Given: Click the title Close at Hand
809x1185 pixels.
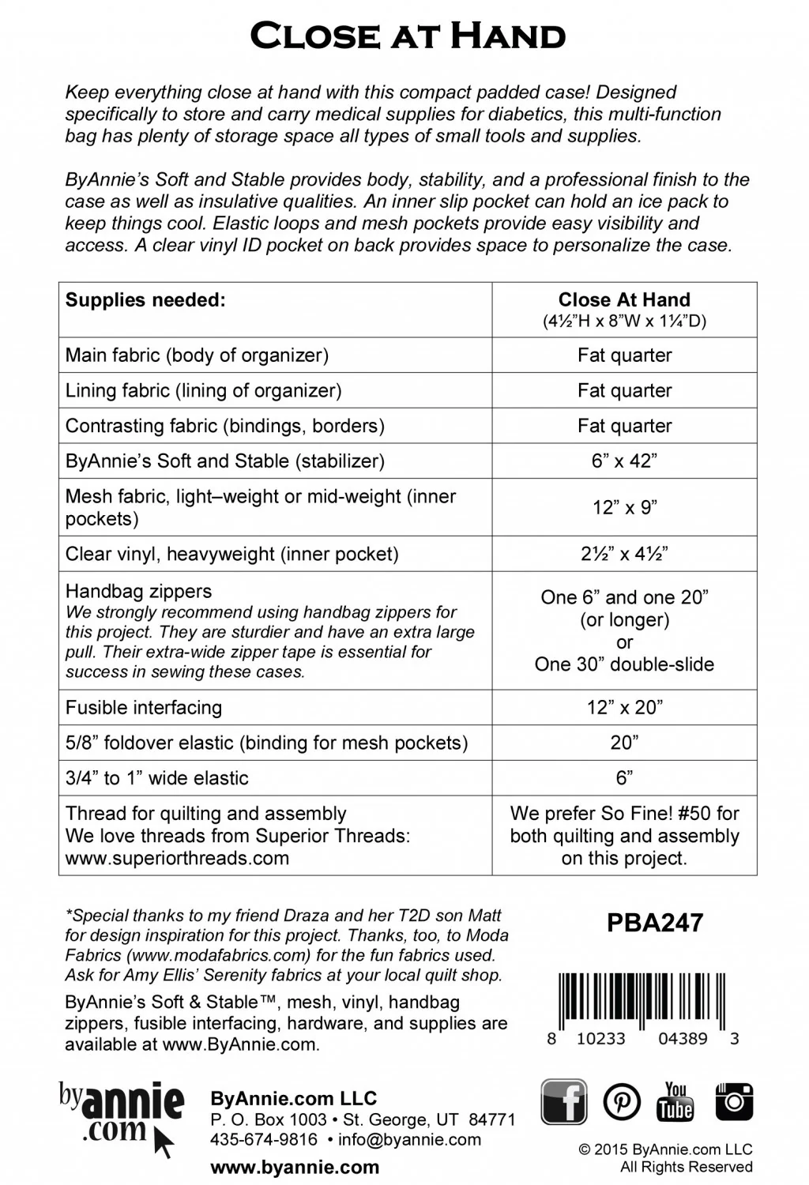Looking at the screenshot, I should [x=408, y=36].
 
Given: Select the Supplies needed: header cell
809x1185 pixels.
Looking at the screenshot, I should [x=145, y=300].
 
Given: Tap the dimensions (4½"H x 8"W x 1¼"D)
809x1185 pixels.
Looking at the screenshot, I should [x=624, y=322].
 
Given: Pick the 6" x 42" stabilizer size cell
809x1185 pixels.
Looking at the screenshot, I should [x=624, y=461].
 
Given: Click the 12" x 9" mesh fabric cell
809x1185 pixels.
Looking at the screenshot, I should [x=624, y=507].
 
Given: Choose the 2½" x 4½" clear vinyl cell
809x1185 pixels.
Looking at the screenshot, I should [x=624, y=554].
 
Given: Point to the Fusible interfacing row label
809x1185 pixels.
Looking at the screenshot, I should [x=144, y=708].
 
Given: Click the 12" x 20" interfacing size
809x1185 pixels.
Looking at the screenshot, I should [x=624, y=708].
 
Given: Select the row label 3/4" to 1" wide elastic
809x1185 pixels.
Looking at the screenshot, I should [x=157, y=778].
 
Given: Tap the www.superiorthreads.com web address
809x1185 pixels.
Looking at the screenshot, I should [x=177, y=858].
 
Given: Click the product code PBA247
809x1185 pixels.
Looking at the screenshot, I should [x=655, y=924].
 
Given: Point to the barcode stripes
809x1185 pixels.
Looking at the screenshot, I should [x=642, y=999].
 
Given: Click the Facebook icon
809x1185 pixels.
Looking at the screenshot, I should [x=563, y=1101].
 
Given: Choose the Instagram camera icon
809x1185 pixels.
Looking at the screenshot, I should [x=734, y=1101].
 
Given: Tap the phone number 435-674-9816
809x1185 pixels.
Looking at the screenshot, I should [x=264, y=1140].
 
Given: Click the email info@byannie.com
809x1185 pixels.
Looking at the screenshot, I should [x=415, y=1140].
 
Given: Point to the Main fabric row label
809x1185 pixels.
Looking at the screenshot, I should [x=197, y=355].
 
